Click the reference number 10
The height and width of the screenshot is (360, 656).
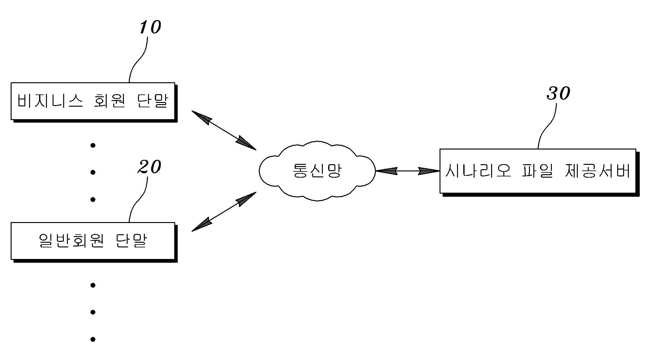point(150,27)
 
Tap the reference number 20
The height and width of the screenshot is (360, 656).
point(149,167)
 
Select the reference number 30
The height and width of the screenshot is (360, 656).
point(558,93)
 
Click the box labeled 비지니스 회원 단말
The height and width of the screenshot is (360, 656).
point(93,101)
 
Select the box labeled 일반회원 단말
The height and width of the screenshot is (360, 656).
point(93,241)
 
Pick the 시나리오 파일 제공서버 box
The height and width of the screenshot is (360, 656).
point(538,171)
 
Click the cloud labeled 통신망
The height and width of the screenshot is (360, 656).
point(317,171)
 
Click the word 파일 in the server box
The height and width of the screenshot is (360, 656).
point(538,171)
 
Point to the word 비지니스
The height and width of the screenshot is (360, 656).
point(50,101)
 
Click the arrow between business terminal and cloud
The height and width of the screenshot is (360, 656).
point(223,130)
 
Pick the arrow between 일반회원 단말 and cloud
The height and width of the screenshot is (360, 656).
point(223,212)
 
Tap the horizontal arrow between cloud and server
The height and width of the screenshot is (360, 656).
point(407,171)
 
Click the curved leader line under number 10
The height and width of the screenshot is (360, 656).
point(138,59)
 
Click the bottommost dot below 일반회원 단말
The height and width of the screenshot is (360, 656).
point(93,339)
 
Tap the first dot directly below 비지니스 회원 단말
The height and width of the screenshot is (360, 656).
point(93,145)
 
